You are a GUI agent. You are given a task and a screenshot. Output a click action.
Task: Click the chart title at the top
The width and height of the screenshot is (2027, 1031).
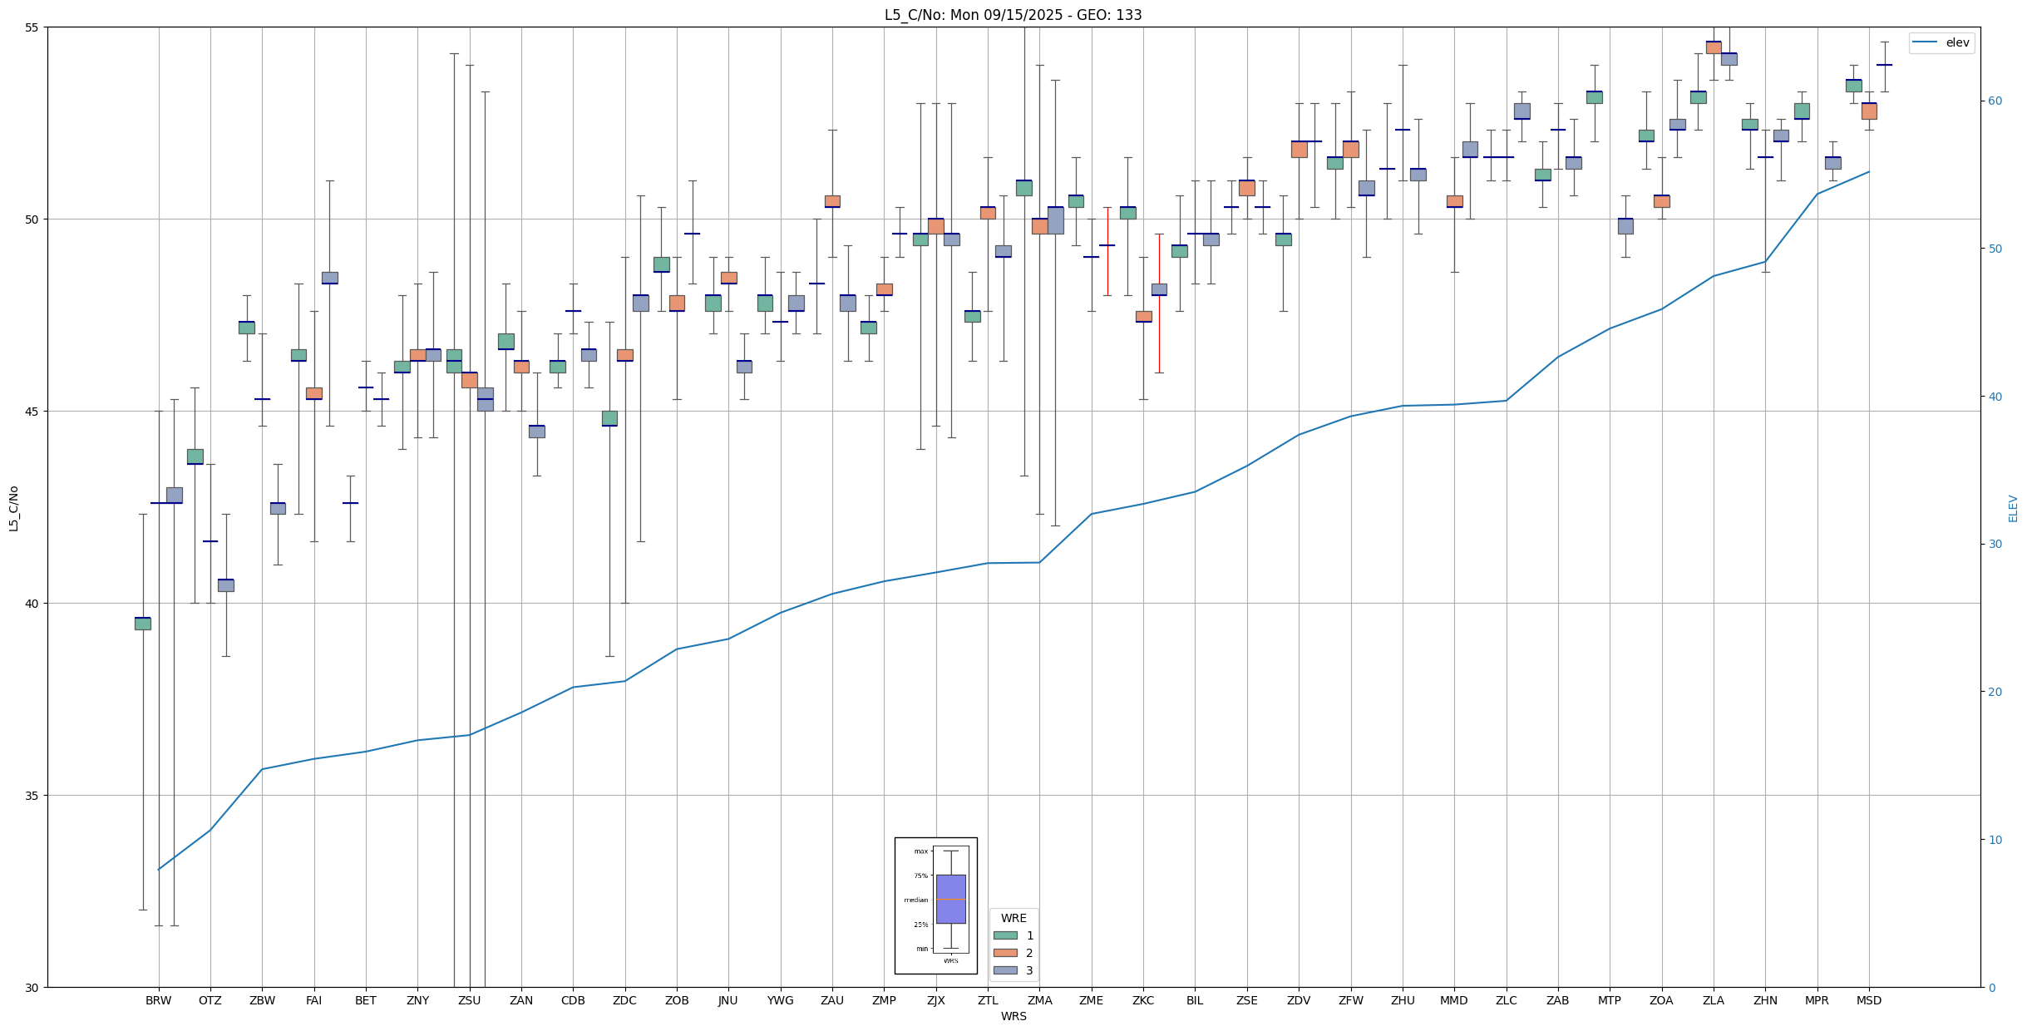point(1013,15)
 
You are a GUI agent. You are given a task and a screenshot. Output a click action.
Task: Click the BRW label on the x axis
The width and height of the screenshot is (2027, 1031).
point(158,1000)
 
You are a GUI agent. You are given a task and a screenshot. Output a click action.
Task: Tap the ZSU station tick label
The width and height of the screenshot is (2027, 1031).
point(469,1000)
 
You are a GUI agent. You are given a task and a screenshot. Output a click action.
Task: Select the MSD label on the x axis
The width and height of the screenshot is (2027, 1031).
point(1869,1000)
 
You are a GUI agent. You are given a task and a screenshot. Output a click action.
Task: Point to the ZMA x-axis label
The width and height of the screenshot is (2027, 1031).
point(1039,1000)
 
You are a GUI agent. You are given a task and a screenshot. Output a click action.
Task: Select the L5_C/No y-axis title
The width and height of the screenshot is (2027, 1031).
point(13,508)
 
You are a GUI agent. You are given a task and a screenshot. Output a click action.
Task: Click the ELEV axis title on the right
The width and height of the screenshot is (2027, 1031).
point(2013,508)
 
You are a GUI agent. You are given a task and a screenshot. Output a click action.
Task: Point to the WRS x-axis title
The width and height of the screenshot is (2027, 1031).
point(1013,1016)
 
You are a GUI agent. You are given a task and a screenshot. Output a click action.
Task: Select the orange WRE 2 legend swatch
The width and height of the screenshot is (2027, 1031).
point(1005,953)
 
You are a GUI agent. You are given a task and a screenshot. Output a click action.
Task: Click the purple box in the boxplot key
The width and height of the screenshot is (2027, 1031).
point(950,899)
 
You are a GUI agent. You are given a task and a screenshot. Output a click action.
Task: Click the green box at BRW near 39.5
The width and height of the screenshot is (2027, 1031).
point(143,624)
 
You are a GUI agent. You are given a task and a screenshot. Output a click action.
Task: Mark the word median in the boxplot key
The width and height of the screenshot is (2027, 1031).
point(915,900)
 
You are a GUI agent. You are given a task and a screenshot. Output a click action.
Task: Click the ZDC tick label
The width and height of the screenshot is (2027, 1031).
point(624,1000)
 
